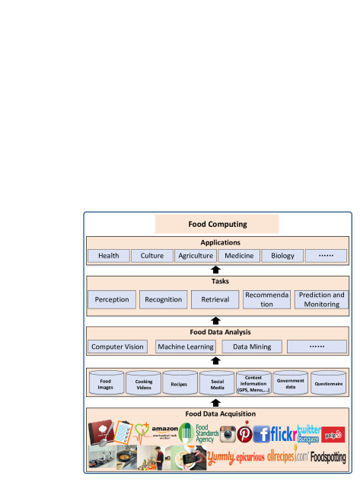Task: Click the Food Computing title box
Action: point(217,224)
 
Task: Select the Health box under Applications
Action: point(108,256)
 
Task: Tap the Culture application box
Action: point(151,256)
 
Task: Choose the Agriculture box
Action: point(195,256)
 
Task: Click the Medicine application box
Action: point(239,256)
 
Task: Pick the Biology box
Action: point(282,256)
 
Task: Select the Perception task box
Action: point(112,299)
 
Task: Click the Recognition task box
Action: point(163,299)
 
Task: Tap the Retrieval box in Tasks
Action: point(215,299)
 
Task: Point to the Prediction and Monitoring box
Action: point(321,299)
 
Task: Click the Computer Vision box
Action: point(118,347)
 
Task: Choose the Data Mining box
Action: point(251,347)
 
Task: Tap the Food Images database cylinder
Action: point(106,382)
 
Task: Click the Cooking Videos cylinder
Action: point(143,382)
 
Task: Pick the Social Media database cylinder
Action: point(217,382)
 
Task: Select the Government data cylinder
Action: point(291,382)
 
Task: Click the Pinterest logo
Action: point(244,435)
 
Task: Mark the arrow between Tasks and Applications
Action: point(215,270)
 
